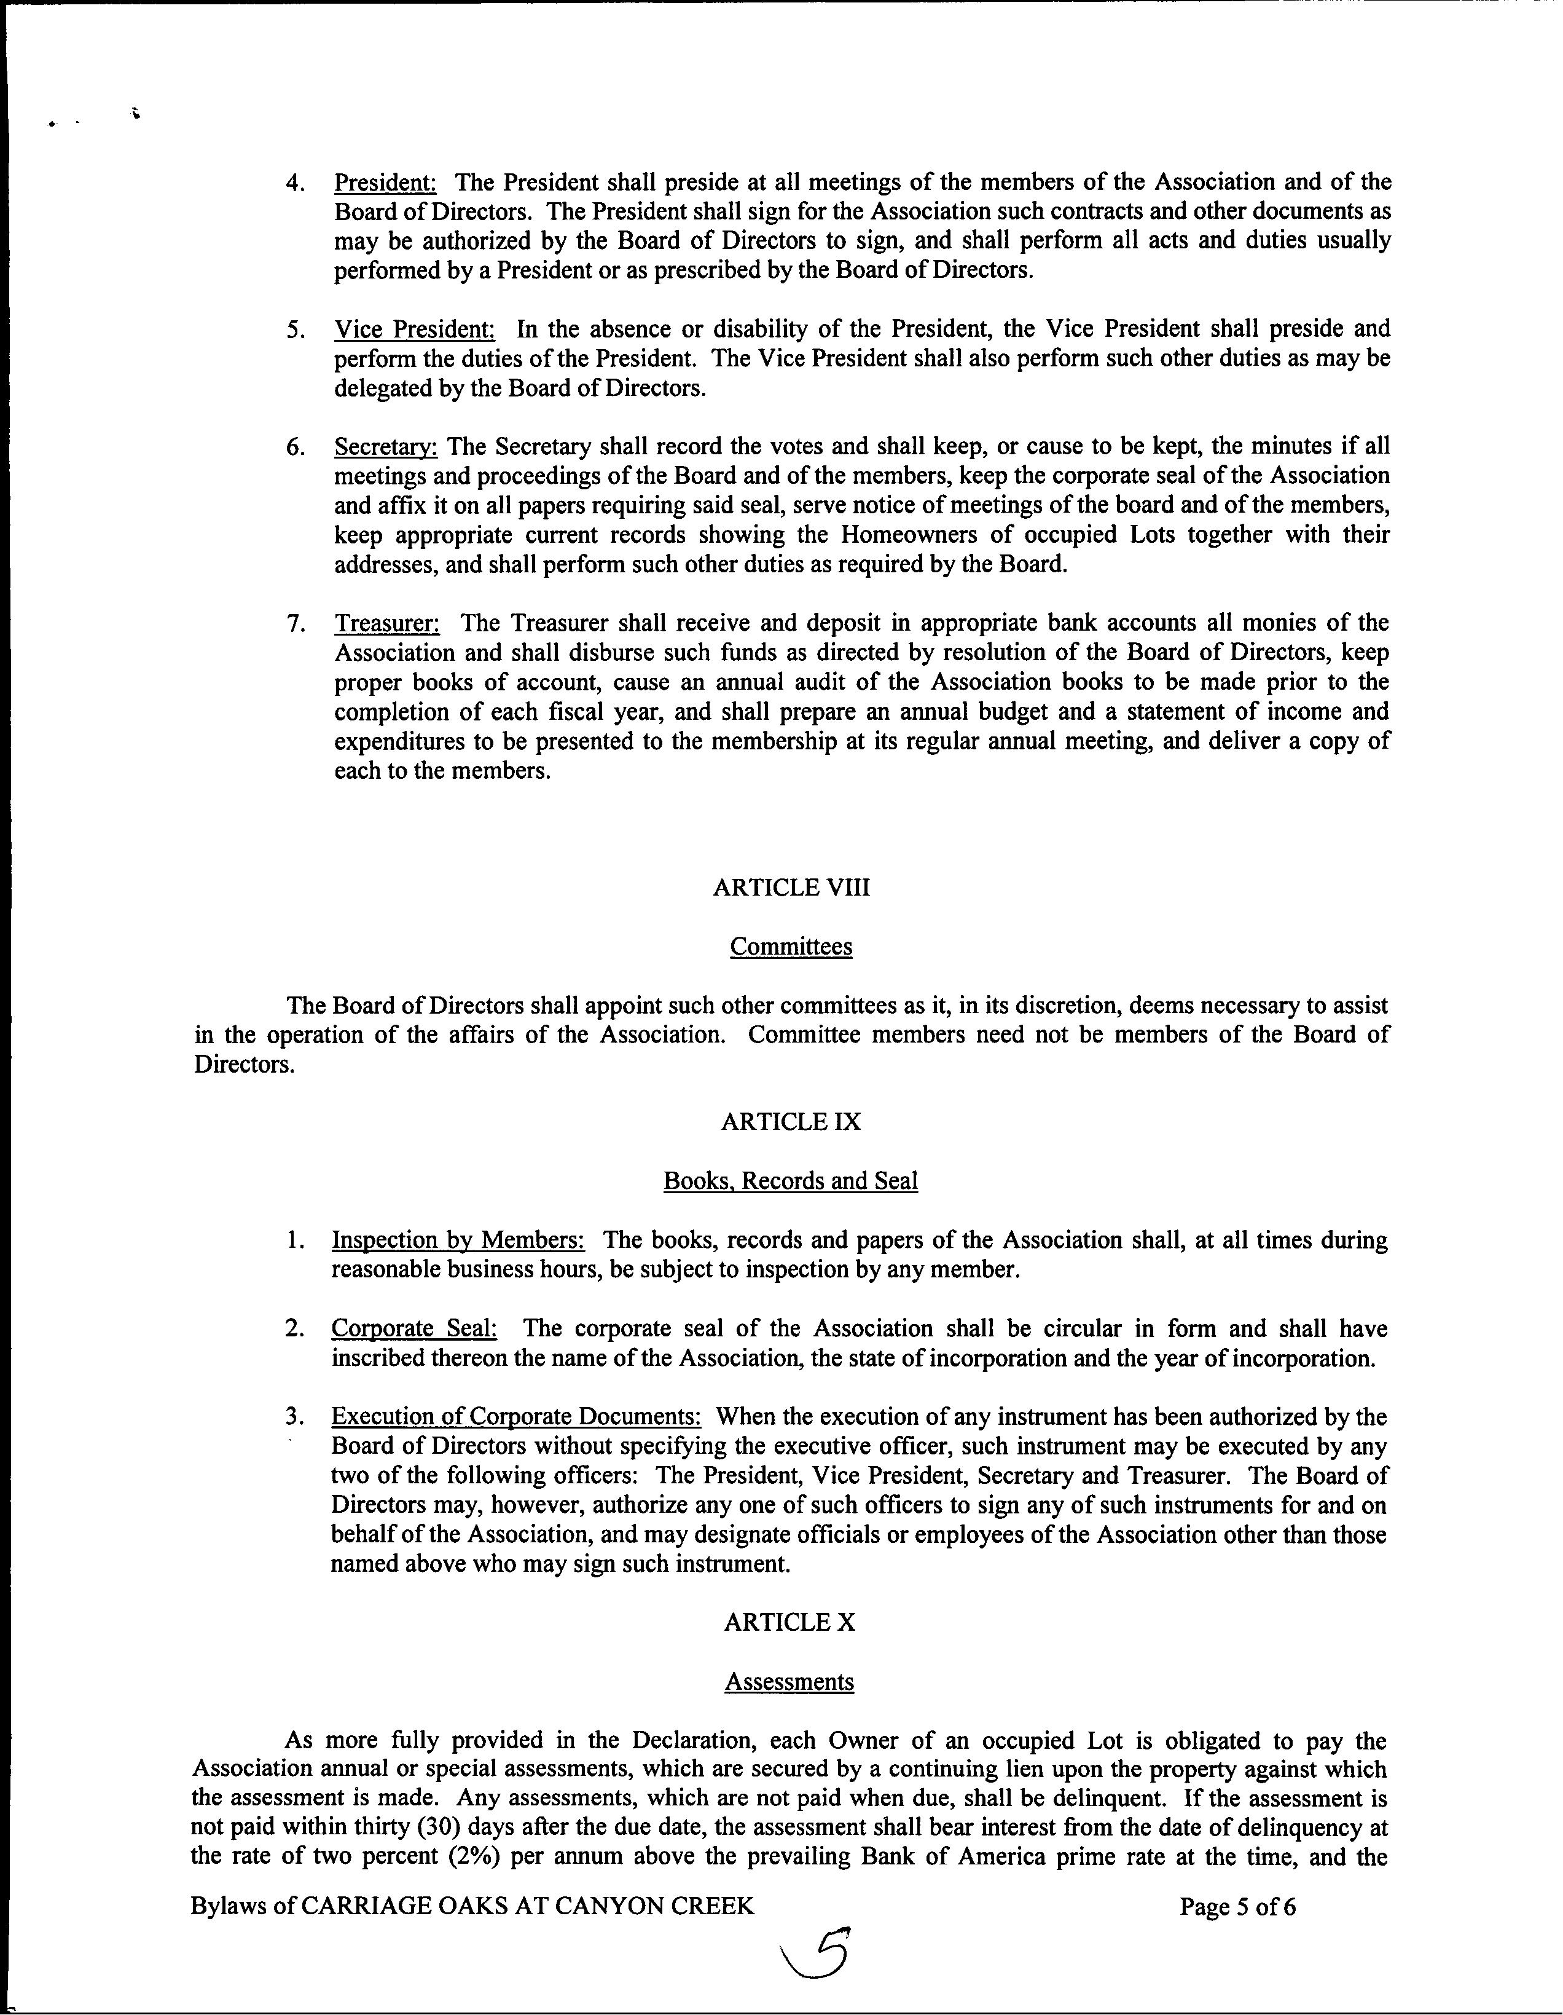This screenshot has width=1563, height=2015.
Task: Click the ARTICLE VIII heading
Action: click(790, 888)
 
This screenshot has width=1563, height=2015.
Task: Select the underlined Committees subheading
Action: click(790, 947)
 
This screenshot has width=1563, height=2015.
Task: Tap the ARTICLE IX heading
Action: click(790, 1122)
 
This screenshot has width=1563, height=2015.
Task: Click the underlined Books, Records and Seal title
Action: click(790, 1181)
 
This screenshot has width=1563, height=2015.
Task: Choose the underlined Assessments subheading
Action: click(789, 1681)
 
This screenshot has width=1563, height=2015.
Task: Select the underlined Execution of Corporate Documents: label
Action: click(516, 1417)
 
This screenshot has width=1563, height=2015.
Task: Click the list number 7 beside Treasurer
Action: click(296, 624)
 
